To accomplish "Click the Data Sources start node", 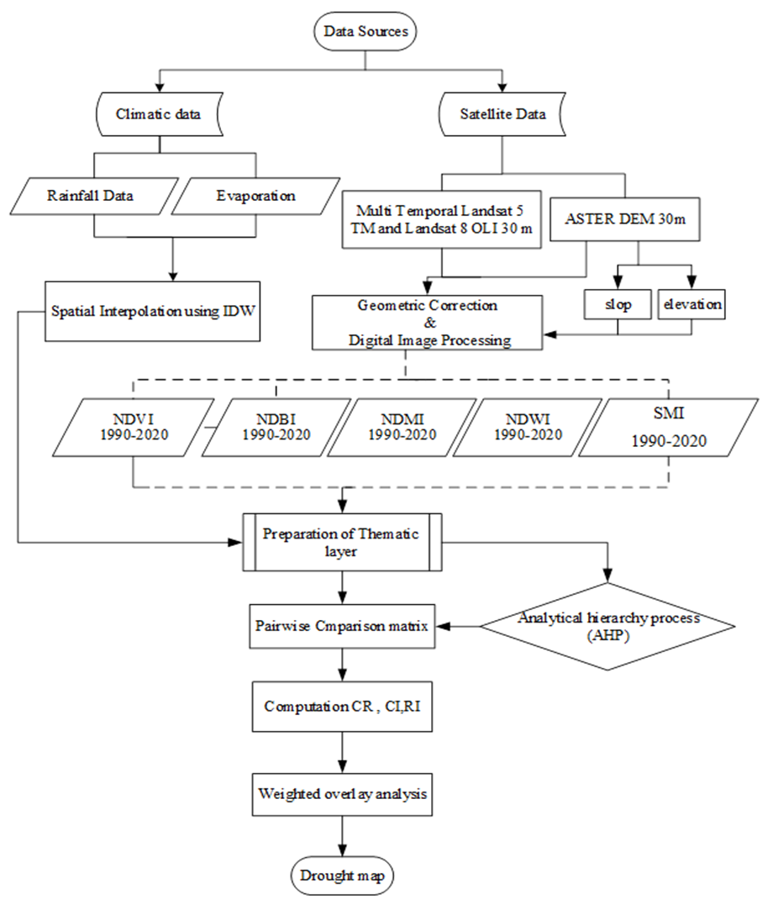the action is (365, 31).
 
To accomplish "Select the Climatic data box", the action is (159, 114).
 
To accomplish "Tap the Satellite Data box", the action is (502, 114).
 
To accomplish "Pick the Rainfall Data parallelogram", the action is (94, 196).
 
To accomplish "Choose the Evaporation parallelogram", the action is (255, 196).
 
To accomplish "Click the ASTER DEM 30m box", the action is (624, 219).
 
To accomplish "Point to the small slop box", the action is (618, 304).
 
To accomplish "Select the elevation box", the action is (691, 304).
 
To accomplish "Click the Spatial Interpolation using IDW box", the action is (153, 312).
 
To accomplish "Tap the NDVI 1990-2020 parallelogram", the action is (134, 428).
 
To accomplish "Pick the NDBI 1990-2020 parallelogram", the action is (276, 428).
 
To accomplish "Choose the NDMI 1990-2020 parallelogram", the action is (402, 428).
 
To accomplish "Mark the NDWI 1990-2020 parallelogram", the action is (528, 428).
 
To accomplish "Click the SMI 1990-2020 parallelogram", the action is (669, 428).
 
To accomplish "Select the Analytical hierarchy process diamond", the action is (607, 626).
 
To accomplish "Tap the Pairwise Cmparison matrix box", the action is (342, 626).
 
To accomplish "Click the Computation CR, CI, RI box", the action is (342, 707).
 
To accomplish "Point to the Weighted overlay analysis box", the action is (342, 795).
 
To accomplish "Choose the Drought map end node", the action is (342, 876).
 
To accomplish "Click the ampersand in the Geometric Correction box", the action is (430, 323).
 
